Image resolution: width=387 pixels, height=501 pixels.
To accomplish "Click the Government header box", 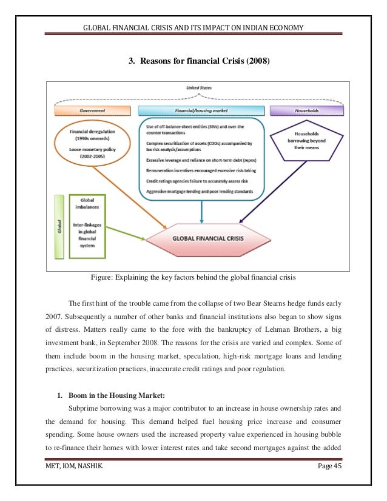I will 92,111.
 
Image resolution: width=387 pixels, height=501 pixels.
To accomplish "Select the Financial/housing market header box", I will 201,111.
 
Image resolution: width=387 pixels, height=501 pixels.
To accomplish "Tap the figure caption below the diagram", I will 193,278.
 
